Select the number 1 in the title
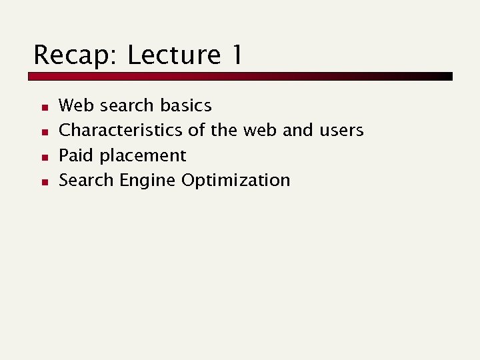[236, 55]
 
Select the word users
[341, 130]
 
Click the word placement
[143, 156]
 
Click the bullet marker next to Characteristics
[41, 131]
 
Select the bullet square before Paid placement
[41, 157]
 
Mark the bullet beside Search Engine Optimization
[41, 181]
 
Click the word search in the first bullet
[127, 105]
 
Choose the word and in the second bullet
[297, 130]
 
